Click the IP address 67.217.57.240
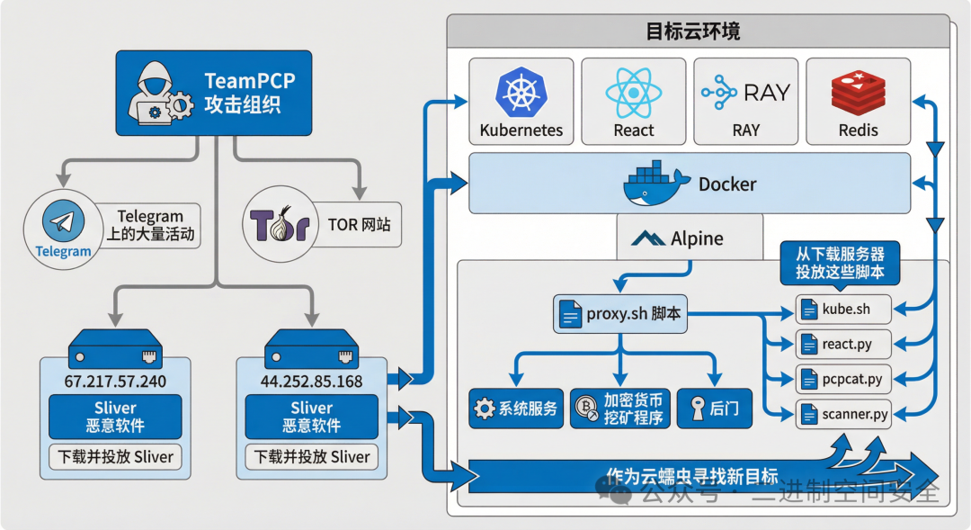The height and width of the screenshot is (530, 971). (114, 381)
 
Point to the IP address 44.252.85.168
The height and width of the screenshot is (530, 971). (311, 381)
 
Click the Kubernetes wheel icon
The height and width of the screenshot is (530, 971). (521, 92)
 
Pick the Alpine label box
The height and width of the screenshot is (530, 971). (690, 238)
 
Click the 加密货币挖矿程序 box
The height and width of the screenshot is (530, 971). (620, 409)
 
